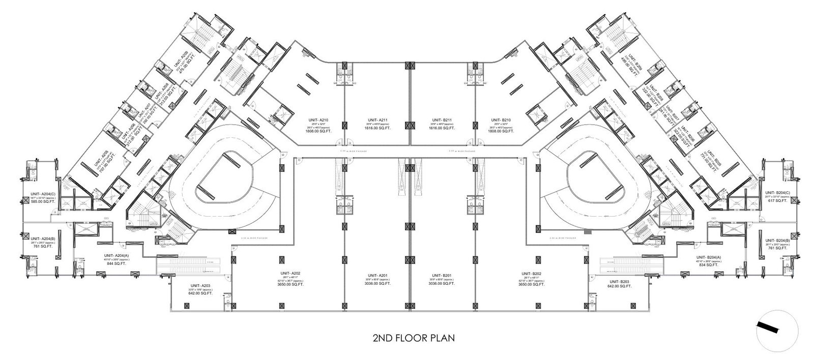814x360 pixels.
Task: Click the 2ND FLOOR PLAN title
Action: (x=413, y=337)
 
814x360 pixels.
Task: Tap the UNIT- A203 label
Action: (x=200, y=286)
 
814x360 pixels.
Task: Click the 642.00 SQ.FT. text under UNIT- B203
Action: (x=618, y=286)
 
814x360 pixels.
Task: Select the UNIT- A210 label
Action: (x=318, y=120)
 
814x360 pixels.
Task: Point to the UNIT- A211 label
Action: (x=377, y=121)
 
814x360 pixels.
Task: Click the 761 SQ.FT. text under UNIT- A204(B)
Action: (x=42, y=246)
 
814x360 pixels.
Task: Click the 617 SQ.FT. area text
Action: (x=777, y=201)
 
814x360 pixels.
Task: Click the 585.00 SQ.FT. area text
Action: (x=42, y=201)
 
